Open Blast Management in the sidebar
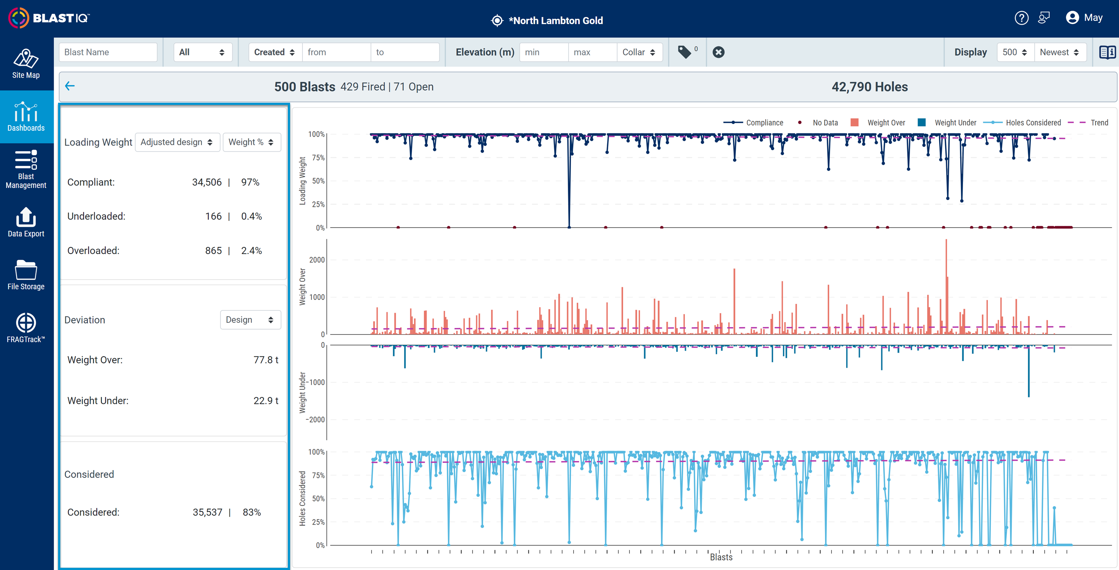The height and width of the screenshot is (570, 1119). click(26, 169)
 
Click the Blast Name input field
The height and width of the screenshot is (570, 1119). click(108, 52)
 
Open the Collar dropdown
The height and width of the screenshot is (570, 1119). click(639, 52)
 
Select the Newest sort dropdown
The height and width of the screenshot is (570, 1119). click(1059, 52)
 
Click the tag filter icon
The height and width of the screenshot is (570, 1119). click(685, 52)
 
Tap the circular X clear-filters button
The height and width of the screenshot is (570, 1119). click(719, 52)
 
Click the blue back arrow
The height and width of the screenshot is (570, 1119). click(70, 86)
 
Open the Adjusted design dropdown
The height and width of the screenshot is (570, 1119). click(177, 142)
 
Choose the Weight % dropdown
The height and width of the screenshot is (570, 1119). click(251, 142)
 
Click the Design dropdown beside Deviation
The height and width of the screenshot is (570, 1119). click(250, 320)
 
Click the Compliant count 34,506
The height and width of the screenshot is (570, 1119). click(207, 182)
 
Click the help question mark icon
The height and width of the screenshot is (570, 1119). click(1021, 18)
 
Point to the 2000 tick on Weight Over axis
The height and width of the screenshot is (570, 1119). click(317, 260)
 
